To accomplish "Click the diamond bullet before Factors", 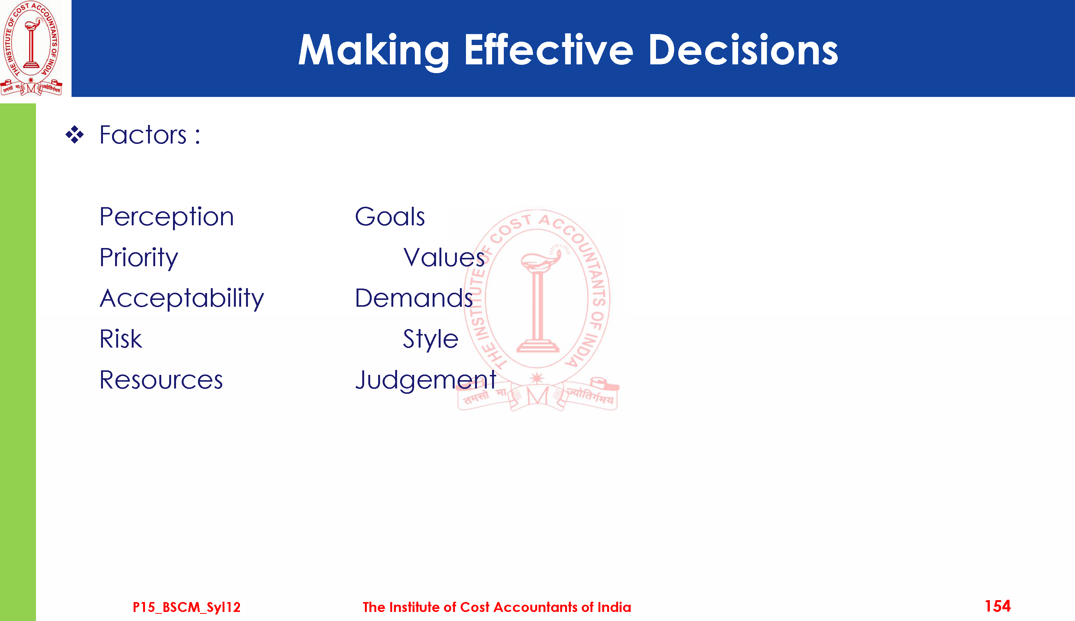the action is click(75, 135).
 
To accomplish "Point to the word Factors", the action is click(143, 135).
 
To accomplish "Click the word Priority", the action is click(139, 258).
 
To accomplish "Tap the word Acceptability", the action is click(182, 298).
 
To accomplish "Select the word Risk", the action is click(121, 339).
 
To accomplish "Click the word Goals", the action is click(389, 216).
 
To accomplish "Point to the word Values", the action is click(444, 257).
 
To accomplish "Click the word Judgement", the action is click(426, 380).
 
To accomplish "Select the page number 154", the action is click(997, 606).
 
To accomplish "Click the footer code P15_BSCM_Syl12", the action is click(187, 607).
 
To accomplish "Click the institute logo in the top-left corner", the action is click(31, 48).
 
